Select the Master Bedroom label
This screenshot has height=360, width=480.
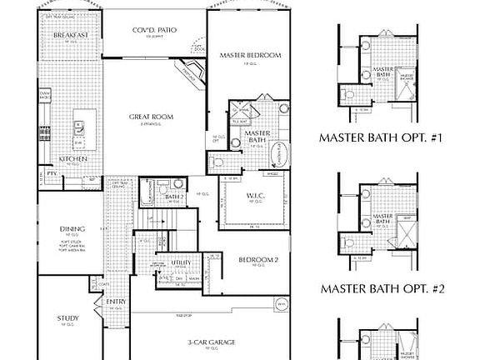pos(250,55)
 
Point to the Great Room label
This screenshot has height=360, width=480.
pos(151,117)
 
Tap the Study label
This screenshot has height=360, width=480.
pos(68,318)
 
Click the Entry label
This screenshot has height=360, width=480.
pos(116,302)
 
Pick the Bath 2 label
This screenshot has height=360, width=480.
pos(174,197)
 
